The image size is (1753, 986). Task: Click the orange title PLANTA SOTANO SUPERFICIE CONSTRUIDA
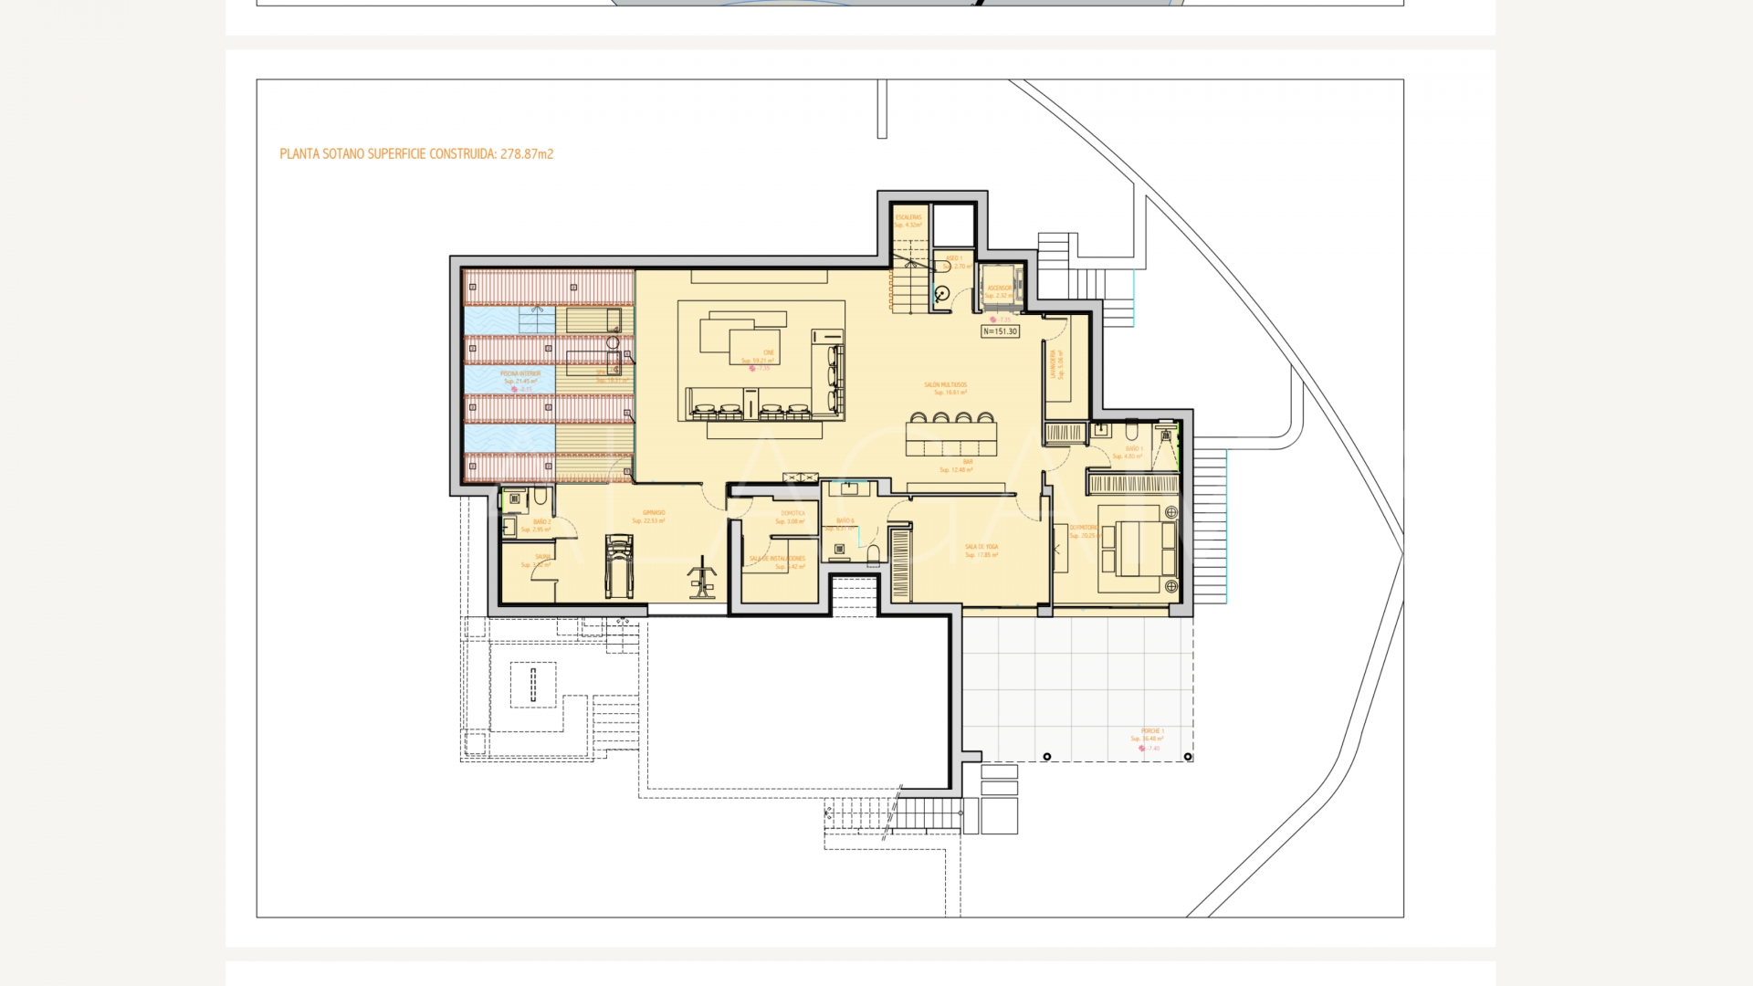pos(416,154)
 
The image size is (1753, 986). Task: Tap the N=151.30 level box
pos(1000,331)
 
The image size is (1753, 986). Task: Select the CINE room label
pos(768,352)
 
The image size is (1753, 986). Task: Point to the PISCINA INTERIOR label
pos(520,373)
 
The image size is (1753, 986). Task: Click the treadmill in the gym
pos(618,567)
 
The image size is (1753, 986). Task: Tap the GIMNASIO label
pos(653,513)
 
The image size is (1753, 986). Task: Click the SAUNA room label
pos(542,556)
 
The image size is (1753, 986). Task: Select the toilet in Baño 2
pos(541,497)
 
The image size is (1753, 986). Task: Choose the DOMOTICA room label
pos(793,513)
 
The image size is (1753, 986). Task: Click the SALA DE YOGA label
pos(981,547)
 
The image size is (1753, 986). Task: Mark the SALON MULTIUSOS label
pos(945,385)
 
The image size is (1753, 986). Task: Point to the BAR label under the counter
pos(967,462)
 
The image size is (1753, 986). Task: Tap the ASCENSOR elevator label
pos(999,288)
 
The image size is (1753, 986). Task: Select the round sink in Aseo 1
pos(941,293)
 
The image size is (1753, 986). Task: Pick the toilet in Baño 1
pos(1131,430)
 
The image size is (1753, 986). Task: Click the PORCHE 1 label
pos(1150,731)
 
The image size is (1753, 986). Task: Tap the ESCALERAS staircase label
pos(908,217)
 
